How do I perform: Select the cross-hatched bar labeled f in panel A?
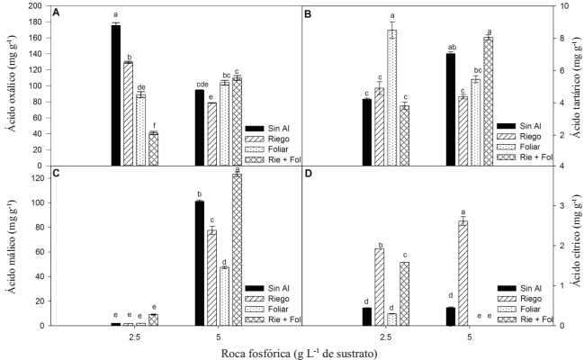pyautogui.click(x=153, y=149)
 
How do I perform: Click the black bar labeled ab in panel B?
pyautogui.click(x=451, y=109)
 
